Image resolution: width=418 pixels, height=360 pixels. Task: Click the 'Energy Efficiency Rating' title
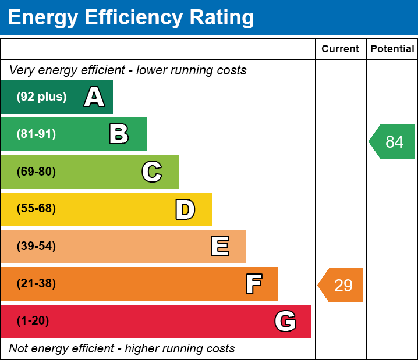coord(131,18)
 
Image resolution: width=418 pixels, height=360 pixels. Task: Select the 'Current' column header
coord(341,49)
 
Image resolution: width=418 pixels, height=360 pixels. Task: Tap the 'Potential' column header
coord(392,49)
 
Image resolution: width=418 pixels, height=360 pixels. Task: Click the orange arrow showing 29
coord(342,286)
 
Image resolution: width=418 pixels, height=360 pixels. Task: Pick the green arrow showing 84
coord(393,141)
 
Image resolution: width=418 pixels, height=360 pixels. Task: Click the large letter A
coord(94,97)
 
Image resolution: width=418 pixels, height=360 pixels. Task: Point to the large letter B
coord(119,134)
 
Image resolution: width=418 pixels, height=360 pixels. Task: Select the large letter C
coord(151,172)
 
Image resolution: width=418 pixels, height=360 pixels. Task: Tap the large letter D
coord(185,209)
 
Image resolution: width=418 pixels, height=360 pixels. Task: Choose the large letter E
coord(219,247)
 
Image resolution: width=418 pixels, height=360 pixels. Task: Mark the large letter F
coord(253,284)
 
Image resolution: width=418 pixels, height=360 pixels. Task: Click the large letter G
coord(285,321)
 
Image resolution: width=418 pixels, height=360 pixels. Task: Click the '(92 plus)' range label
coord(41,97)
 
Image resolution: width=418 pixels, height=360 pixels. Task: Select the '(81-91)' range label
coord(36,134)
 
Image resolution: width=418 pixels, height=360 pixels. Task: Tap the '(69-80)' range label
coord(36,172)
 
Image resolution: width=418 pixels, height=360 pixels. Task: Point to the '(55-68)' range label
coord(36,209)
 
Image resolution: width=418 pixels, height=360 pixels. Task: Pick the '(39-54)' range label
coord(36,246)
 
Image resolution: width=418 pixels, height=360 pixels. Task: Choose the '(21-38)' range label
coord(36,284)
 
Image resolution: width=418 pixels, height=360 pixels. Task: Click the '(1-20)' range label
coord(33,321)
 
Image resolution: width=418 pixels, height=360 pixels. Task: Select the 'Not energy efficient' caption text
coord(122,349)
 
